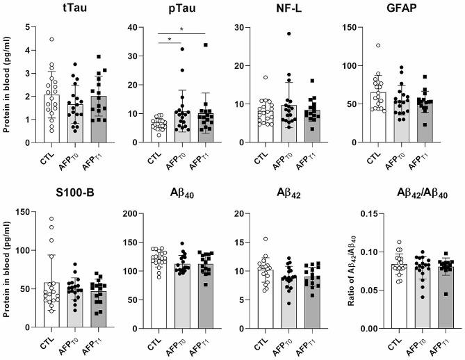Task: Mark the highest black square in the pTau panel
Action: [x=205, y=45]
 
